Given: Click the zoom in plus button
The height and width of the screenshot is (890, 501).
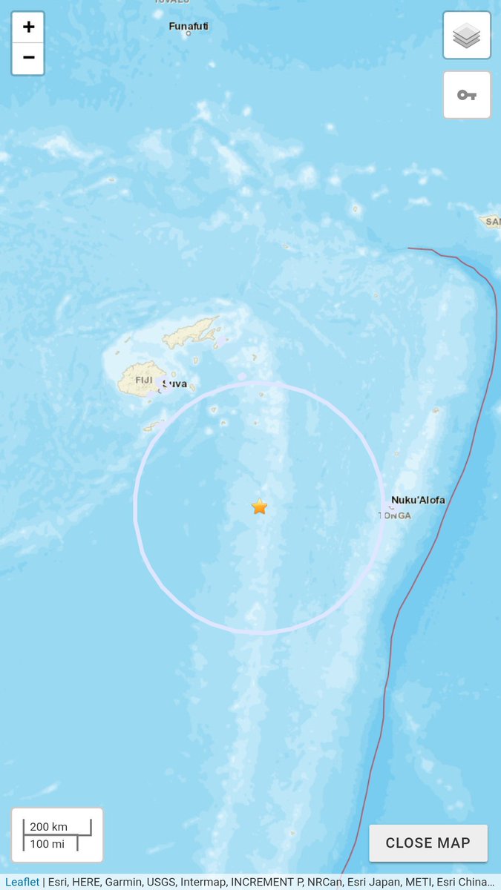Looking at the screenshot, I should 28,27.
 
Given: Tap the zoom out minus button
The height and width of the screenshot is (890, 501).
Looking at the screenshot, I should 28,59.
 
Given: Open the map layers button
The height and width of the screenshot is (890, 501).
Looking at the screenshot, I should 467,36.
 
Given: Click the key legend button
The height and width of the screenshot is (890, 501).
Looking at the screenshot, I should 467,95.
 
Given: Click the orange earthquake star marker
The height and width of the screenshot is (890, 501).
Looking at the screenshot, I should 259,507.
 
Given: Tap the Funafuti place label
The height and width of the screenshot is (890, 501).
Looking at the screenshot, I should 189,26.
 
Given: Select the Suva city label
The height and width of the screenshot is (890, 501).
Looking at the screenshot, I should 174,385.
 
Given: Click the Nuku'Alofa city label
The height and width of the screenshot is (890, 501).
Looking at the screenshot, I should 418,500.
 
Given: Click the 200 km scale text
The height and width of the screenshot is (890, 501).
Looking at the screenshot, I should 49,826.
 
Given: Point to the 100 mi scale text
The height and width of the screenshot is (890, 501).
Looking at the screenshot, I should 47,843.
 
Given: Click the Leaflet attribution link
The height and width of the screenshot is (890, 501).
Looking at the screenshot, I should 22,882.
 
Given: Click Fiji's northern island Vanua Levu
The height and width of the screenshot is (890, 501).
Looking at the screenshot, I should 192,333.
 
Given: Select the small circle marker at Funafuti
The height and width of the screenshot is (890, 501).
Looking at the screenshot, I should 189,34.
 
